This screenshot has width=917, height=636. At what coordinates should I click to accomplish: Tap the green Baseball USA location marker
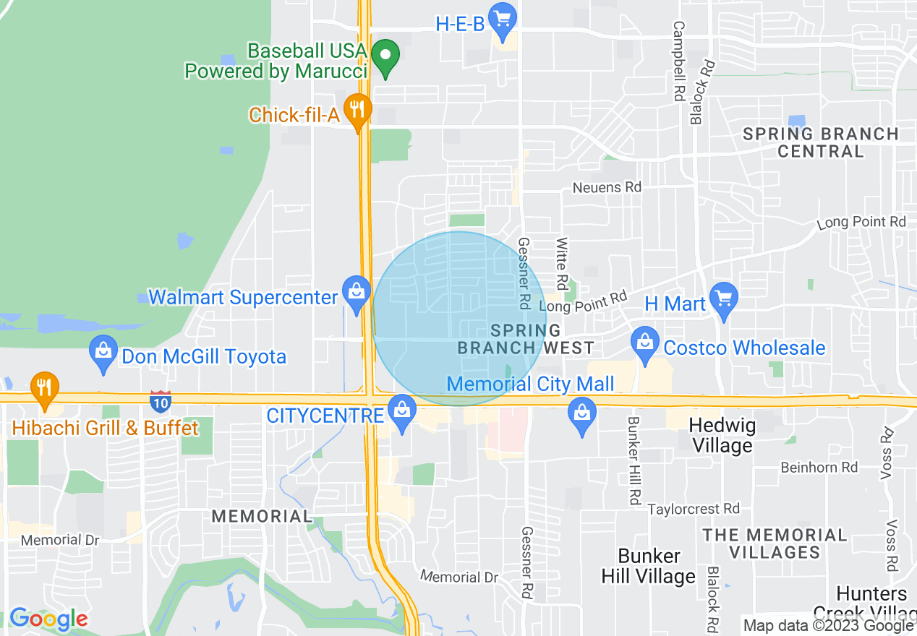386,56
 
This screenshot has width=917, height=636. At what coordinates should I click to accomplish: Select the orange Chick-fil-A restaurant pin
357,111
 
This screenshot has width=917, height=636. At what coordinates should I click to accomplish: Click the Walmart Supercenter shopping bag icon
356,293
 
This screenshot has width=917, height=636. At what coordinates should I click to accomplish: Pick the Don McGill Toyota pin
103,352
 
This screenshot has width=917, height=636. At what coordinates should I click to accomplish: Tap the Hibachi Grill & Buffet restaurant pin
45,387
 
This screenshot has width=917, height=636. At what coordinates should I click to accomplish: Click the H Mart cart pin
723,298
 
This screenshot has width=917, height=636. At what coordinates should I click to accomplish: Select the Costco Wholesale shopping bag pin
644,343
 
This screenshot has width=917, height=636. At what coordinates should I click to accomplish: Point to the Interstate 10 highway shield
160,400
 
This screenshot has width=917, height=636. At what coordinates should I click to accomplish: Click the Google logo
48,619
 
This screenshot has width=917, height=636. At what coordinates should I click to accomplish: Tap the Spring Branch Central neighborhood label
821,142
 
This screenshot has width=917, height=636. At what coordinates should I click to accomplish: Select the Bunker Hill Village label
649,566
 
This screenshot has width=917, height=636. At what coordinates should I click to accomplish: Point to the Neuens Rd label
607,187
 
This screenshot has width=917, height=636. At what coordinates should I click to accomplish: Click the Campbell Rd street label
678,61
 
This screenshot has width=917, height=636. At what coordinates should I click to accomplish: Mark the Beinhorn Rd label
819,468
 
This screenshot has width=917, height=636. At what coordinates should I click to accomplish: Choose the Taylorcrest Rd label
693,509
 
